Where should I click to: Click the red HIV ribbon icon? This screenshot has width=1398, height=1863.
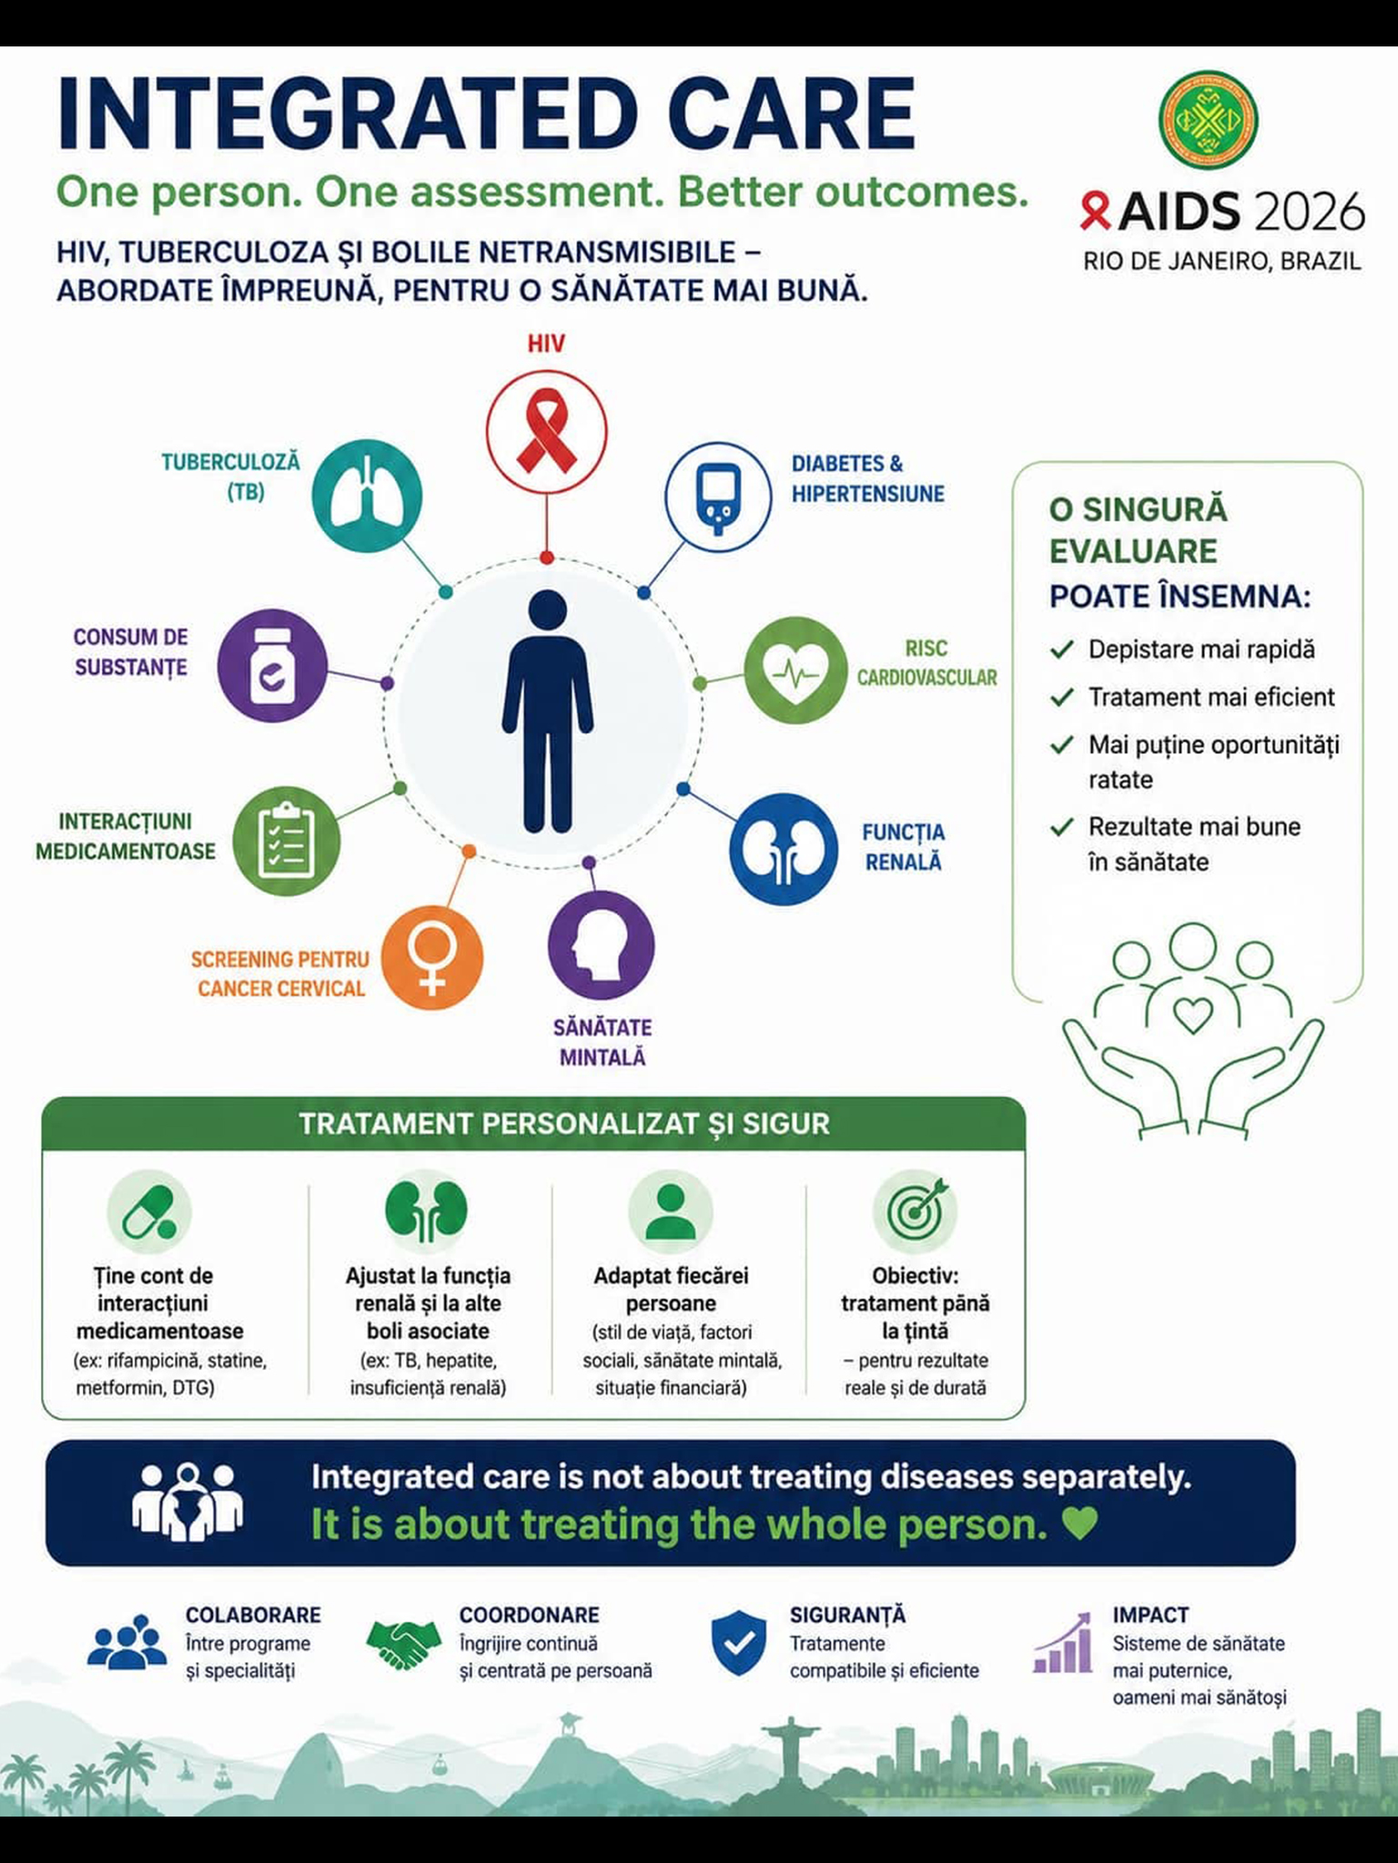546,431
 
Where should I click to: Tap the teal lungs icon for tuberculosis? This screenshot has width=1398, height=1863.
367,496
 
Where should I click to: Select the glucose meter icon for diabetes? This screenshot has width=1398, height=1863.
719,497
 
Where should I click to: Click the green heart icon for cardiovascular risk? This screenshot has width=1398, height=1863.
795,670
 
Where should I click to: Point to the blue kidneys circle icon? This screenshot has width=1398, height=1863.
783,849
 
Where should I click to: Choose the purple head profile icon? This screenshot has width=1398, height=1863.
601,945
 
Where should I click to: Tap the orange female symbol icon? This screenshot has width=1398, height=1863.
431,958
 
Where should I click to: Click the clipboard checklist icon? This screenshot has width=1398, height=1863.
287,841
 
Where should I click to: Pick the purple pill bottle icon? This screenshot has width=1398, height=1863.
272,665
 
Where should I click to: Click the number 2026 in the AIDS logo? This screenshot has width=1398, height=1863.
1308,213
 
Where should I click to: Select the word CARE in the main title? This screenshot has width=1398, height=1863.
791,114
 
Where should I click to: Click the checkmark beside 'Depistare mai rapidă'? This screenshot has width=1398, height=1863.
1061,650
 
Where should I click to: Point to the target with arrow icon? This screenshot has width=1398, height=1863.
916,1211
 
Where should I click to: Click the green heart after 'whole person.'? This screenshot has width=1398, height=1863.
1079,1524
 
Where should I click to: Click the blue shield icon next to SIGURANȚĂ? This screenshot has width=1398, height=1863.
739,1642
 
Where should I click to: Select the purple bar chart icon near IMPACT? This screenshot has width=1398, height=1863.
1063,1643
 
